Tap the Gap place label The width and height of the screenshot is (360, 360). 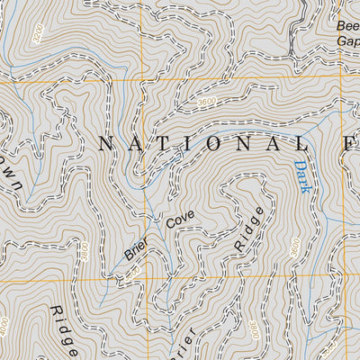348,42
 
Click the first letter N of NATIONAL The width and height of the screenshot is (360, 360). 106,142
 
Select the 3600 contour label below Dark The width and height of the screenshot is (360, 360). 293,247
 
